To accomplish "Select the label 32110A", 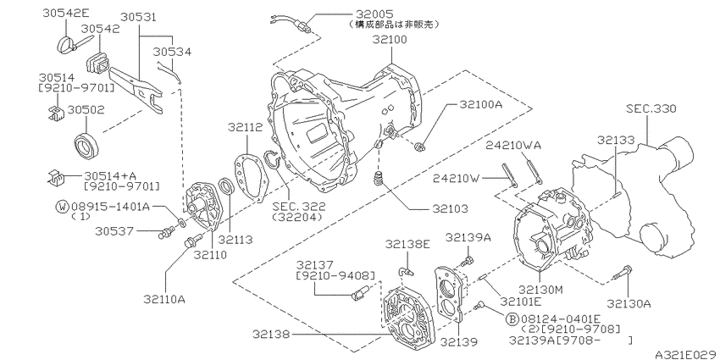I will (164, 298).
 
